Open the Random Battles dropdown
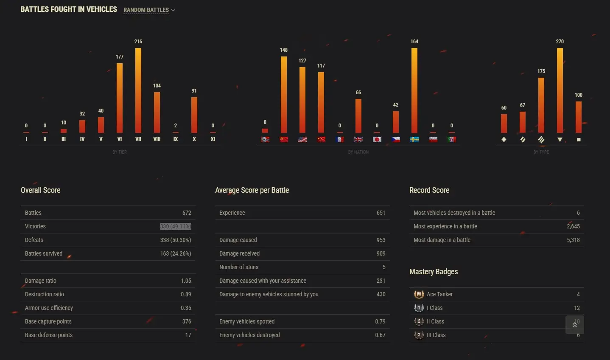(x=149, y=10)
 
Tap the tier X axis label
(x=194, y=139)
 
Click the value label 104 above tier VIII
(x=157, y=86)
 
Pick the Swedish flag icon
(x=414, y=139)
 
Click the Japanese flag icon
(x=377, y=139)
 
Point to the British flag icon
(x=358, y=139)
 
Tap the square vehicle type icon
(x=579, y=140)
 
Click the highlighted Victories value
(x=176, y=226)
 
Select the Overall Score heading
(x=41, y=190)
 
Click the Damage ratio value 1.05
(x=186, y=281)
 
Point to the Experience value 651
(x=381, y=213)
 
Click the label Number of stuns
(x=239, y=267)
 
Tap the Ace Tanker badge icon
(x=419, y=294)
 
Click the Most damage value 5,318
(x=573, y=240)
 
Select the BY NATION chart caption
(x=358, y=152)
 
